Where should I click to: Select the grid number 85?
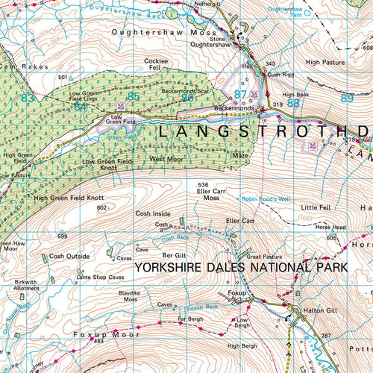tap(134, 96)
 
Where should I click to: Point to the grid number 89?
tap(346, 98)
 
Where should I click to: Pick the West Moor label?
tap(166, 159)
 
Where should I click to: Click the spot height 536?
tap(201, 184)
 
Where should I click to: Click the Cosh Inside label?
tap(153, 213)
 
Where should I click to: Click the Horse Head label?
tap(330, 227)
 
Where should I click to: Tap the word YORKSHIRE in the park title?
tap(172, 266)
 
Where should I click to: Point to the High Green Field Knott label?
tap(69, 198)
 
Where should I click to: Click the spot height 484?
tap(98, 351)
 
